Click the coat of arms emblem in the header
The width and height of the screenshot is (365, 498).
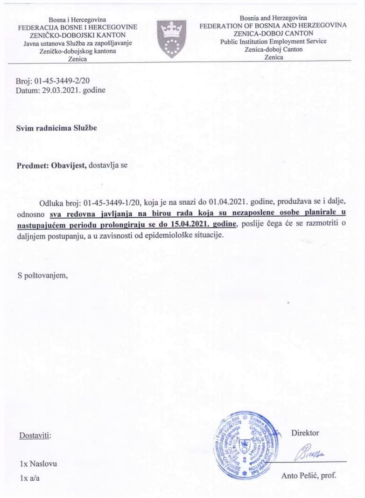[171, 39]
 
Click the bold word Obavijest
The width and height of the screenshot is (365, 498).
[65, 165]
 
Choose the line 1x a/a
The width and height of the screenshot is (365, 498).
[30, 478]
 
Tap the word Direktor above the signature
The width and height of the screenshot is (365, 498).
[305, 433]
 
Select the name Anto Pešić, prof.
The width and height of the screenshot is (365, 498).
[309, 476]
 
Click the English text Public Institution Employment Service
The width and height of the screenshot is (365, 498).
[274, 41]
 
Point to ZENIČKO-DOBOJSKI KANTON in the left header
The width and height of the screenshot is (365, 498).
[77, 35]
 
